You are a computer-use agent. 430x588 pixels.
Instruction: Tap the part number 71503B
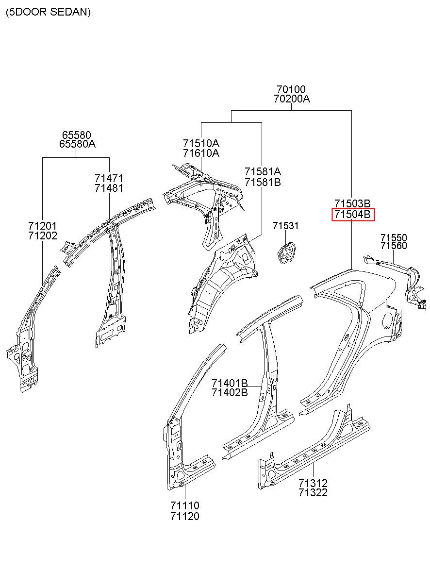(x=352, y=203)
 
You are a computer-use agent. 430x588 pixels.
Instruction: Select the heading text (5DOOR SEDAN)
(x=48, y=12)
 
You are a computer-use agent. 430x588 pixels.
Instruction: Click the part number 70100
(x=291, y=89)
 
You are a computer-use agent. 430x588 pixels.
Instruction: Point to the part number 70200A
(x=292, y=99)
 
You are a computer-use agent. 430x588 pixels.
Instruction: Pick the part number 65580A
(x=77, y=144)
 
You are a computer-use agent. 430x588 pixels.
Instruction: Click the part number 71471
(x=109, y=179)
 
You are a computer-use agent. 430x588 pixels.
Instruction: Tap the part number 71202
(x=43, y=235)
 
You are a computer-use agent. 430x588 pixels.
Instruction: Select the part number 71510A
(x=201, y=143)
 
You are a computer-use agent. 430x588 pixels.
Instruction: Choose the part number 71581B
(x=263, y=182)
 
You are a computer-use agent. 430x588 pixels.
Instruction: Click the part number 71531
(x=286, y=226)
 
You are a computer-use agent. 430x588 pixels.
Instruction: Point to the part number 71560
(x=394, y=246)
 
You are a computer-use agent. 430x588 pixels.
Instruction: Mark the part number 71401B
(x=230, y=383)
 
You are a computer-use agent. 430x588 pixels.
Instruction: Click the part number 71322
(x=313, y=493)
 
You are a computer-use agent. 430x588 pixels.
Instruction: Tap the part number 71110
(x=185, y=505)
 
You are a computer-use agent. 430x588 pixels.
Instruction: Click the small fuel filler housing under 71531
(x=286, y=253)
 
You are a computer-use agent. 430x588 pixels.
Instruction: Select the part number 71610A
(x=201, y=153)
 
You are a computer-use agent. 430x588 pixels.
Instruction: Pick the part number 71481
(x=109, y=188)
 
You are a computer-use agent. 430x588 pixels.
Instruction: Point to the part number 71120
(x=185, y=516)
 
